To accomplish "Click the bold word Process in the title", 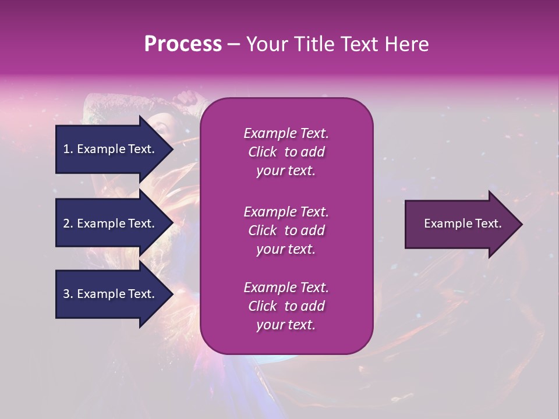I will (183, 44).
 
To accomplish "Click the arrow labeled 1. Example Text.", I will (111, 149).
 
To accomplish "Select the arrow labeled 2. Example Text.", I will (111, 223).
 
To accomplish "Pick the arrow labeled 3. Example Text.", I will (111, 294).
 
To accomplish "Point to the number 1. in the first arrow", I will (68, 149).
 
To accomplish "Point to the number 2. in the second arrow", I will (68, 223).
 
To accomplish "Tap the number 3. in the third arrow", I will (68, 294).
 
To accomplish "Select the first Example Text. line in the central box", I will (286, 133).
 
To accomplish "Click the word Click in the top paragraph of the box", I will (262, 152).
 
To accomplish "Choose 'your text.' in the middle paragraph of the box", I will (286, 249).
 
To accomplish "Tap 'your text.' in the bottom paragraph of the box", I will (286, 325).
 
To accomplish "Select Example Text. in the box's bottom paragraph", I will (286, 287).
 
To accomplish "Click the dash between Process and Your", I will (233, 44).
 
